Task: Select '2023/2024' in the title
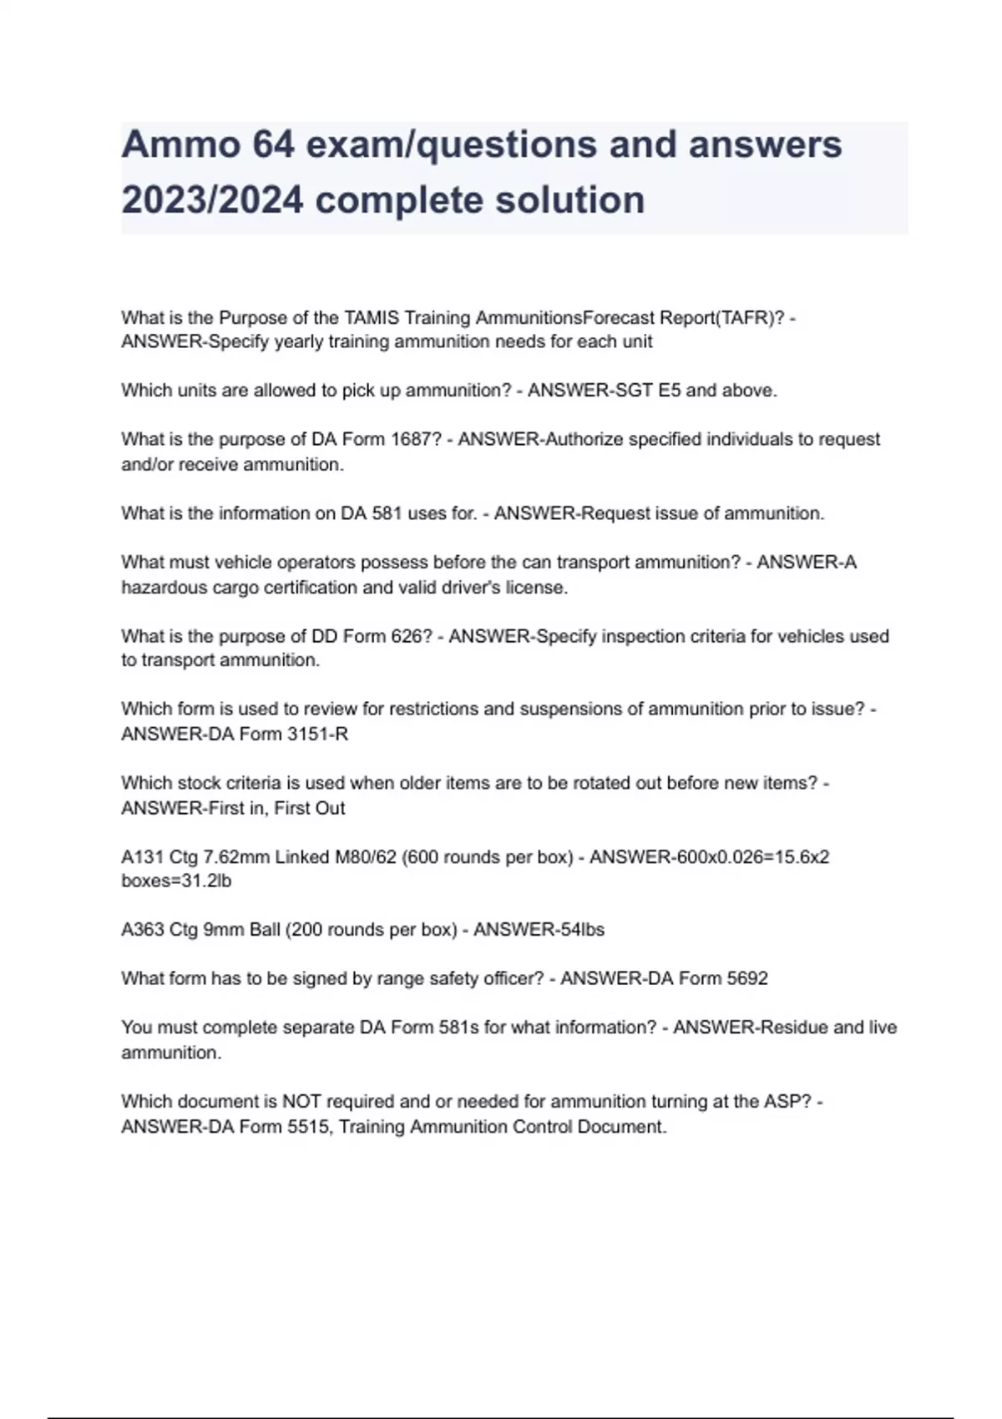pos(212,200)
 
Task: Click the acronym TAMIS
pos(372,318)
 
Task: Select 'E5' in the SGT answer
pos(668,391)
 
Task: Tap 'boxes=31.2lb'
pos(176,881)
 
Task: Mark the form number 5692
pos(746,978)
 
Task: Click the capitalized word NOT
pos(301,1102)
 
